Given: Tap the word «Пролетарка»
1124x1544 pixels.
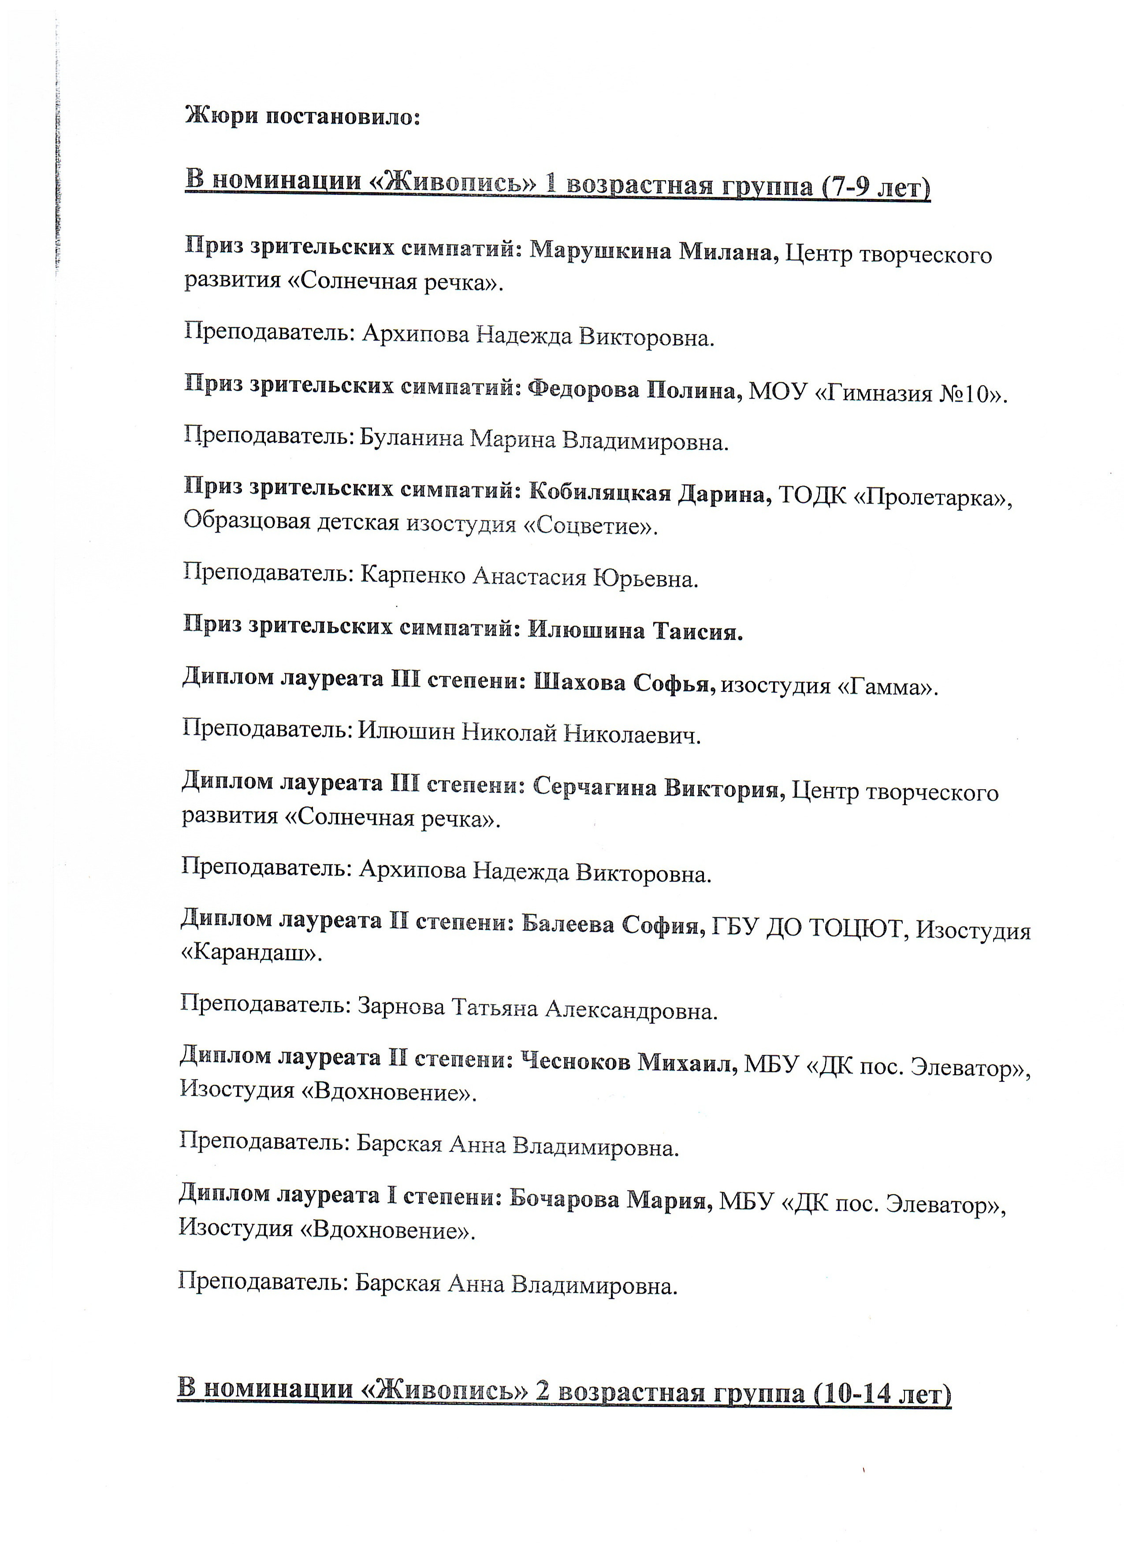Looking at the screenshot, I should click(x=931, y=497).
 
